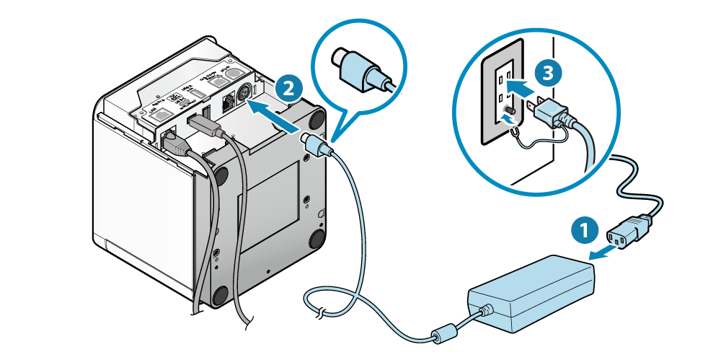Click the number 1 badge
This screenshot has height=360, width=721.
tap(584, 232)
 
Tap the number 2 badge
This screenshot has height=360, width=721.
tap(288, 89)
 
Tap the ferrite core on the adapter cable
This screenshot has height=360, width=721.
tap(440, 336)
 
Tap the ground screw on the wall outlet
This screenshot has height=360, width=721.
tap(510, 113)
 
